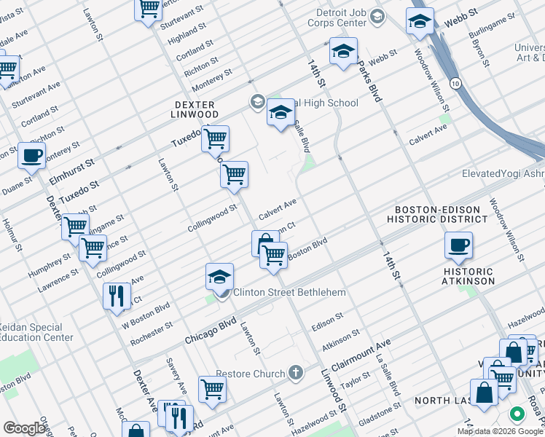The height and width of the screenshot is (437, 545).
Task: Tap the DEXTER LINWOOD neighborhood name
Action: [195, 109]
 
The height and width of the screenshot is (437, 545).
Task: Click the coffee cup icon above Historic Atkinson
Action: [458, 246]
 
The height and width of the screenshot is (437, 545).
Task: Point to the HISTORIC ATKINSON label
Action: [468, 276]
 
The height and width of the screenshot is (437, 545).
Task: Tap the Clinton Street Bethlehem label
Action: [289, 292]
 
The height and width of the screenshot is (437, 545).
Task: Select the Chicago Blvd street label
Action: [211, 330]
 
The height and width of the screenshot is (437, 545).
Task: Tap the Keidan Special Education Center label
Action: [36, 332]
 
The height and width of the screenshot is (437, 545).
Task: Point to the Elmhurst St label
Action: [71, 176]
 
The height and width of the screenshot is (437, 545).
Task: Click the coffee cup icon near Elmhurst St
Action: [31, 155]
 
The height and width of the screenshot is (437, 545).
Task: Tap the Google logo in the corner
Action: [25, 428]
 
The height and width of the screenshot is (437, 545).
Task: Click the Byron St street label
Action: [479, 49]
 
